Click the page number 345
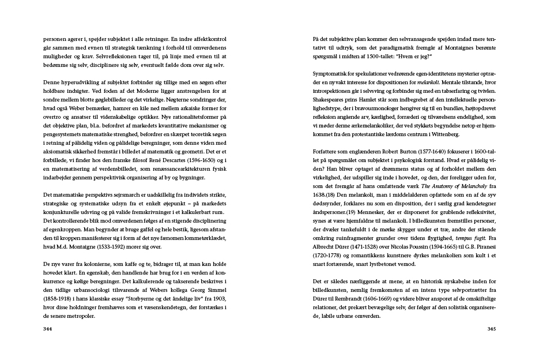point(491,329)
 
